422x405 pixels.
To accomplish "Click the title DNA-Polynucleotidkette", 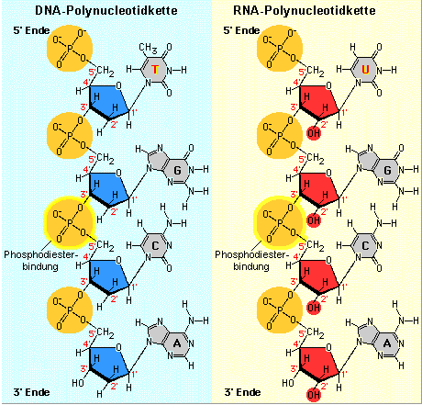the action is [x=106, y=11].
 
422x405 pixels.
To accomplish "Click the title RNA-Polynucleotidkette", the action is [x=305, y=11].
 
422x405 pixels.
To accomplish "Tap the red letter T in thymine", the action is [x=155, y=70].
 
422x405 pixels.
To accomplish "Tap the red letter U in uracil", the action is [x=365, y=70].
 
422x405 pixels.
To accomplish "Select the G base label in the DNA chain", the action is [x=177, y=170].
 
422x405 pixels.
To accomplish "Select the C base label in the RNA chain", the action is [x=365, y=246].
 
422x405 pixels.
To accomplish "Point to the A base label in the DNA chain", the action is [x=177, y=343].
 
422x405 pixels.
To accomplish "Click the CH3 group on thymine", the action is [x=148, y=49].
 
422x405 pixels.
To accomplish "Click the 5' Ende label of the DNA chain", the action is [x=31, y=30].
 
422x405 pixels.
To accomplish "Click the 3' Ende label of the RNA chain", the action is [x=242, y=392].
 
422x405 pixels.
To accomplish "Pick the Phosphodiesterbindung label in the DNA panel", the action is [x=40, y=260].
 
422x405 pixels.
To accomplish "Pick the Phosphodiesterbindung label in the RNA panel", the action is [x=251, y=260].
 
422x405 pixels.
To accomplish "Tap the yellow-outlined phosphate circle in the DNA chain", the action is [x=70, y=222].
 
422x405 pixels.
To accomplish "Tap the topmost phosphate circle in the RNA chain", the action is [x=280, y=49].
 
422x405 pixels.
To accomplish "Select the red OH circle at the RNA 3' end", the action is [x=314, y=394].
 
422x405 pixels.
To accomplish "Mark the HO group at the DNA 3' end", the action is [x=78, y=383].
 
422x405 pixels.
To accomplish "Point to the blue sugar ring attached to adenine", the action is [x=108, y=362].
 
